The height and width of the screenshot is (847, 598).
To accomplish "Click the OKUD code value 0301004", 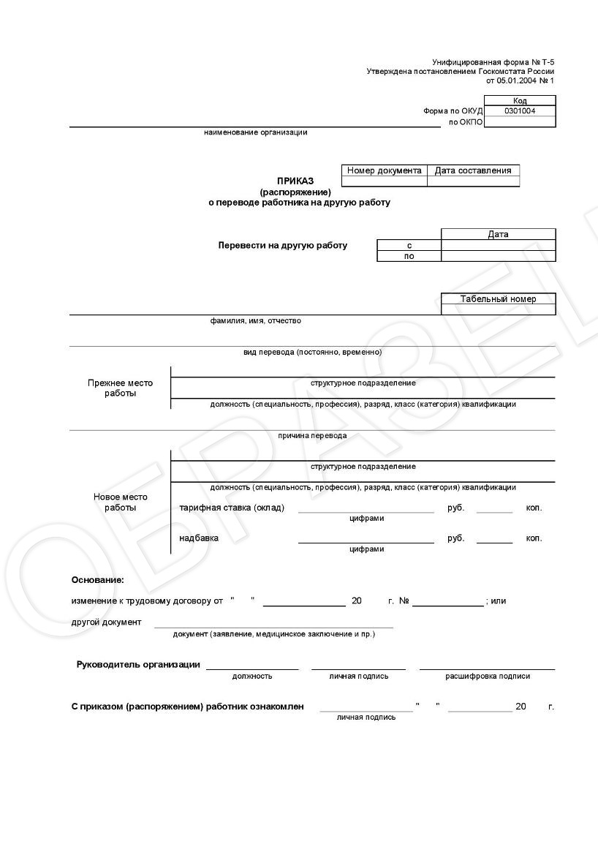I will pos(520,111).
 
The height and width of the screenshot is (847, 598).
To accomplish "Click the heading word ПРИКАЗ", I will pos(295,181).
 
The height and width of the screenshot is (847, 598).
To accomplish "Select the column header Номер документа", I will pos(385,170).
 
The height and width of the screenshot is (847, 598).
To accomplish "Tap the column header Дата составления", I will pos(473,170).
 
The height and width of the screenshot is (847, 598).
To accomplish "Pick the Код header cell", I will pos(520,101).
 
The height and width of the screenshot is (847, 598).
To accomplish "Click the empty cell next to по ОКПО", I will pos(520,122).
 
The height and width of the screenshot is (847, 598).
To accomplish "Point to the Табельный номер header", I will pos(499,298).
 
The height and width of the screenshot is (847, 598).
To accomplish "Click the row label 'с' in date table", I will pos(409,246).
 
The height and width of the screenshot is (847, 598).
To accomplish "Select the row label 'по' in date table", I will pos(409,256).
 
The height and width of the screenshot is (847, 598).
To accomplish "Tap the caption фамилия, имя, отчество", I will pos(256,320).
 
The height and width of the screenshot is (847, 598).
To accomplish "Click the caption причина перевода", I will pos(312,435).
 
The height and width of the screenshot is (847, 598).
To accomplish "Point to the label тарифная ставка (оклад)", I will pos(232,508).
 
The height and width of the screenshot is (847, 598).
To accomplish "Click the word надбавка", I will pos(199,538).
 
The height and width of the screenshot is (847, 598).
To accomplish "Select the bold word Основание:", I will pos(98,580).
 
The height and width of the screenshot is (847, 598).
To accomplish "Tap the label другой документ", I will pos(107,622).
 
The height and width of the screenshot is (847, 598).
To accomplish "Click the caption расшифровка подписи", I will pos(488,676).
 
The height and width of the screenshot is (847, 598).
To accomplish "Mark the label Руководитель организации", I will pos(138,665).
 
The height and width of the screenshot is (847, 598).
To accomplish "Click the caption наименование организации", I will pos(256,132).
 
